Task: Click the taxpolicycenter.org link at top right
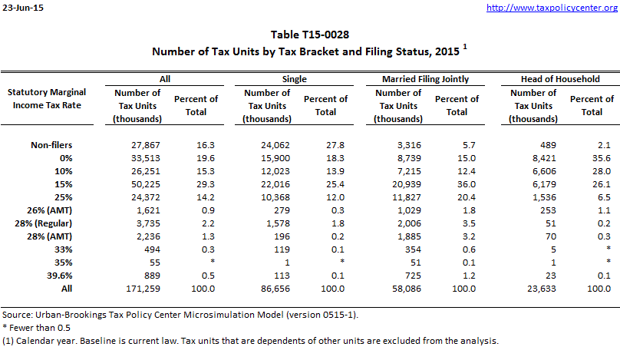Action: pos(552,8)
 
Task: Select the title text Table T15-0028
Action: pos(310,35)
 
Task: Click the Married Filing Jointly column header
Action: pos(426,78)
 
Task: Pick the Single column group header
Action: pos(295,78)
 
